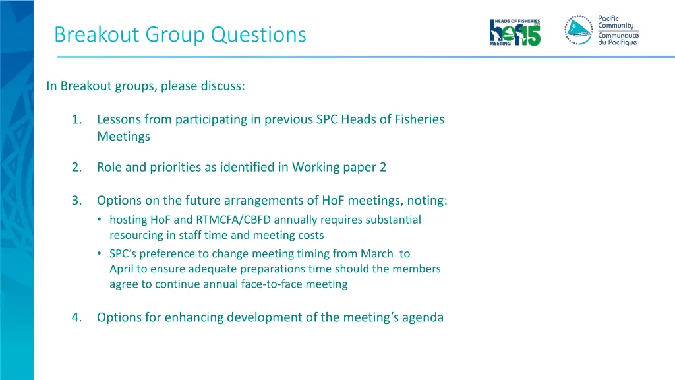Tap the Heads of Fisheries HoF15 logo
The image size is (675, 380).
[515, 32]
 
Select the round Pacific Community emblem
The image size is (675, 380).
[578, 30]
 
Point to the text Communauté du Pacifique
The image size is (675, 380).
[618, 39]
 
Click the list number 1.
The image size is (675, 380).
[77, 119]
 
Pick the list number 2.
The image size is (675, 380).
[77, 167]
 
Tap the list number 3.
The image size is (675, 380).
[77, 200]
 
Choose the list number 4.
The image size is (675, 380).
[77, 317]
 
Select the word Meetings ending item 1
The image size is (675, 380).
[124, 137]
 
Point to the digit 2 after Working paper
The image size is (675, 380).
[383, 167]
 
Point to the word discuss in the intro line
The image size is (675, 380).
[225, 86]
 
